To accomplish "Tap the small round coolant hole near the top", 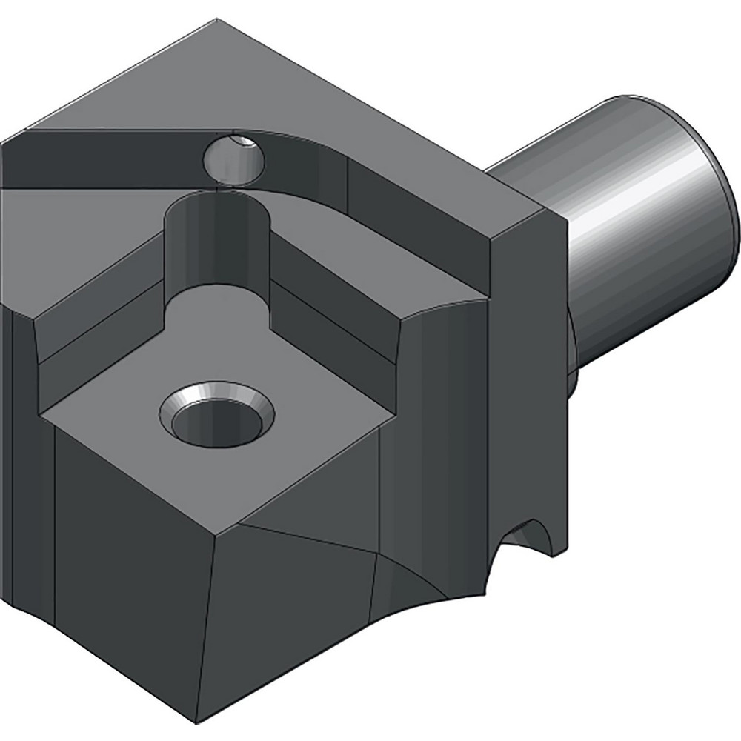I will (234, 157).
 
